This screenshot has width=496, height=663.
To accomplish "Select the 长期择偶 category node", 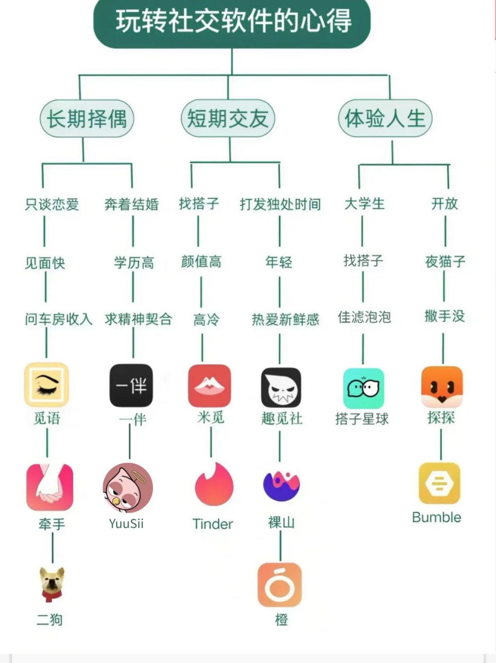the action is [x=87, y=119].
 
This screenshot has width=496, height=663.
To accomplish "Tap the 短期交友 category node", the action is [x=228, y=119].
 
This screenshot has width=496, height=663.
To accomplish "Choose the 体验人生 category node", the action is [x=385, y=119].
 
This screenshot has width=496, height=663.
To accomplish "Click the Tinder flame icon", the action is [x=214, y=485].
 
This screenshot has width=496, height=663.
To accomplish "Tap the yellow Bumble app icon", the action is [x=440, y=483].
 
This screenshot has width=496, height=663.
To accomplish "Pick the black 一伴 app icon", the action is [x=131, y=385].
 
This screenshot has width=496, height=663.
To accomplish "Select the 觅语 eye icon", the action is [x=46, y=385].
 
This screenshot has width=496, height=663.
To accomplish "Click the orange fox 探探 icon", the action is [x=442, y=387].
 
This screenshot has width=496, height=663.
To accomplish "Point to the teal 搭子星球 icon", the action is [x=363, y=388].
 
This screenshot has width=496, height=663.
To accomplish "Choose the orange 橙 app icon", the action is [x=280, y=585].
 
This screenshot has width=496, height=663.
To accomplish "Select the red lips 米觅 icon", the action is [x=209, y=386].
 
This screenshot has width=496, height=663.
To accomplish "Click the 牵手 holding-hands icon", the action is [x=50, y=487].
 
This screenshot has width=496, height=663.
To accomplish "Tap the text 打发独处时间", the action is [x=280, y=204].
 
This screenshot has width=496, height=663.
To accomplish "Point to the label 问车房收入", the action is [x=59, y=319].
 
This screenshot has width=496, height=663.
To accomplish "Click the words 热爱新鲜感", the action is [x=285, y=319].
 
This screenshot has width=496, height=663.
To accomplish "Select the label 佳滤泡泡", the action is [x=364, y=317].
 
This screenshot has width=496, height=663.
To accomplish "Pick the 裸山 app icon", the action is [x=281, y=485].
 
